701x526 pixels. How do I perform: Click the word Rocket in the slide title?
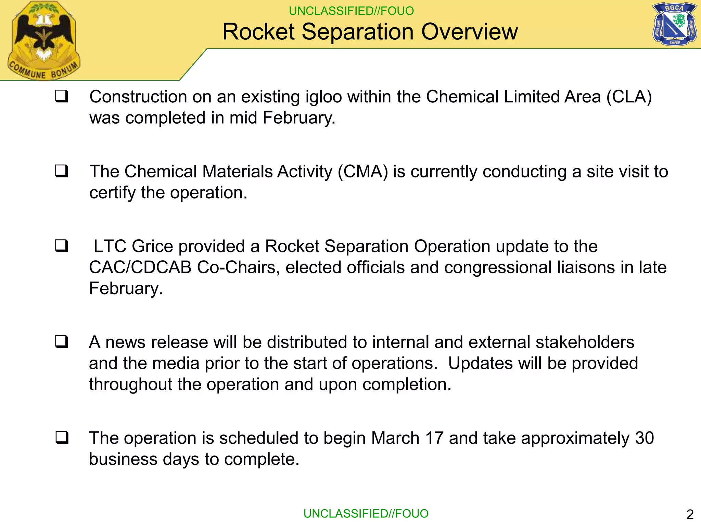pyautogui.click(x=258, y=32)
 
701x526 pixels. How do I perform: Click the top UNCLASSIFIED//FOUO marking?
pyautogui.click(x=351, y=11)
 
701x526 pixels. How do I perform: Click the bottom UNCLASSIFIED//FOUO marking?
pyautogui.click(x=366, y=514)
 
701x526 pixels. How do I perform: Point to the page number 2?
pyautogui.click(x=690, y=514)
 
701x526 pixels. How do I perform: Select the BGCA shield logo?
pyautogui.click(x=674, y=24)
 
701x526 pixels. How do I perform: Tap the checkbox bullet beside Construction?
pyautogui.click(x=62, y=96)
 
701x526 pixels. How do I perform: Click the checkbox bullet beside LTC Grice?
pyautogui.click(x=62, y=246)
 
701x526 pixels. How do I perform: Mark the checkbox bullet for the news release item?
pyautogui.click(x=62, y=342)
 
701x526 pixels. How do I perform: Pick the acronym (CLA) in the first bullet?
pyautogui.click(x=629, y=97)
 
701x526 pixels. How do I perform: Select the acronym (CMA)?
pyautogui.click(x=363, y=172)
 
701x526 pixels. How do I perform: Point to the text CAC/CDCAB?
pyautogui.click(x=140, y=267)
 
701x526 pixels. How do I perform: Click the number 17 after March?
pyautogui.click(x=434, y=438)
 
